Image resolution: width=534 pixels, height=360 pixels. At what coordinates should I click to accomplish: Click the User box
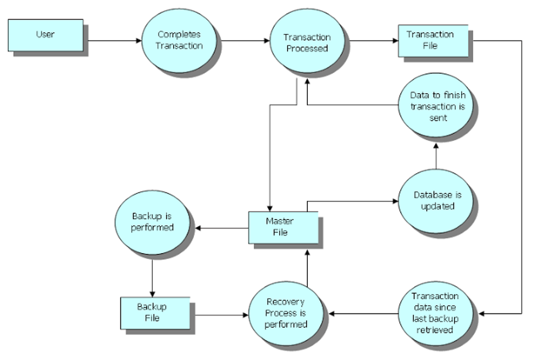(45, 35)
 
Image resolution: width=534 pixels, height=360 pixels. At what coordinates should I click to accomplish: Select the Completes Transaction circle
(179, 41)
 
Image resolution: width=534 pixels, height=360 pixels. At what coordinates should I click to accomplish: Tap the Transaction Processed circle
(307, 41)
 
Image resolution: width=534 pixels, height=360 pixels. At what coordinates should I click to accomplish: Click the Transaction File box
(433, 41)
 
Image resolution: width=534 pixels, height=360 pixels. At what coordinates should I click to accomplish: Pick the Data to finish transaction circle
(436, 105)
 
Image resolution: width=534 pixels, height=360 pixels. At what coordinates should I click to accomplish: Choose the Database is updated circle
(436, 201)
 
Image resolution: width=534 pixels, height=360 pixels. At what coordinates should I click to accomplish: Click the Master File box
(283, 227)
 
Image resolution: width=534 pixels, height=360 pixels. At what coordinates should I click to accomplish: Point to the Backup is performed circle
(152, 222)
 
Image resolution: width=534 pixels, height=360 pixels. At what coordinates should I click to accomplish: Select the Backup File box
(155, 313)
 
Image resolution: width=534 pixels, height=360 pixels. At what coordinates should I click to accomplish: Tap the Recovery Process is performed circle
(286, 313)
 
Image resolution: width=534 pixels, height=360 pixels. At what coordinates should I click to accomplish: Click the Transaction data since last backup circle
(436, 313)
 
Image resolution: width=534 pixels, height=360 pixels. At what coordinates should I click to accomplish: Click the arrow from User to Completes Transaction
(114, 41)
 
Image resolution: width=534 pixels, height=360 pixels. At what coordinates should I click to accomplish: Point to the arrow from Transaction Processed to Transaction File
(374, 41)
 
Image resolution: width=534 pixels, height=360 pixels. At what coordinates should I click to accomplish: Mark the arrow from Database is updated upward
(436, 156)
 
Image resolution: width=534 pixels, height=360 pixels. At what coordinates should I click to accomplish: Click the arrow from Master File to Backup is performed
(221, 228)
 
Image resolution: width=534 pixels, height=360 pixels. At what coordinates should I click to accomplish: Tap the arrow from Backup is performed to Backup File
(152, 278)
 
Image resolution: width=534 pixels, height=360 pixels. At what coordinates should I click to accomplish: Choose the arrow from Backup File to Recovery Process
(222, 315)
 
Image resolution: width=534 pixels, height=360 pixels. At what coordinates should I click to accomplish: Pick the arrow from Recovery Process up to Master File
(307, 268)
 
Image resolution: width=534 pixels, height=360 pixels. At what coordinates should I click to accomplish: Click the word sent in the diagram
(438, 118)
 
